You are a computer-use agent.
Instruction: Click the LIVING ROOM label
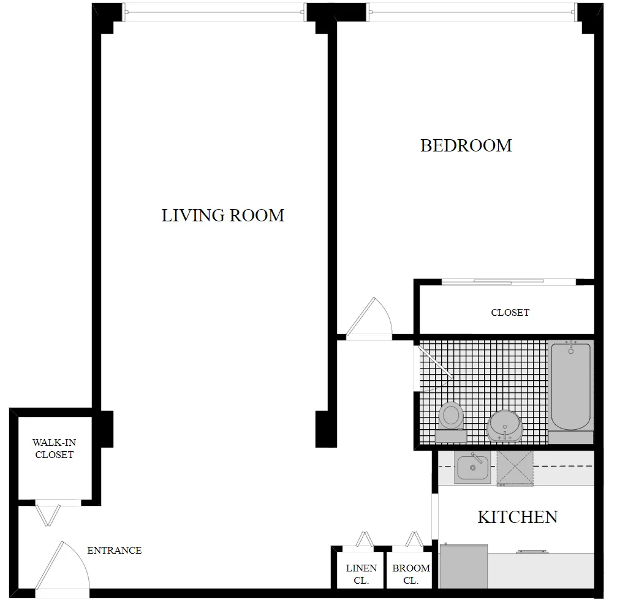(x=222, y=215)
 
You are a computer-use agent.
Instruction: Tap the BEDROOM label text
(x=466, y=145)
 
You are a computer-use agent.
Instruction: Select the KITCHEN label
(x=517, y=517)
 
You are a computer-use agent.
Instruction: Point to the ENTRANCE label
(x=114, y=550)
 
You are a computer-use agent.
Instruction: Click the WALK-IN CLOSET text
(x=54, y=448)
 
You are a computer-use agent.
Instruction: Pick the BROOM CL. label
(x=411, y=574)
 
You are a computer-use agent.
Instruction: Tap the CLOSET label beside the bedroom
(x=510, y=312)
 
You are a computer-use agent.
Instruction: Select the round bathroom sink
(x=504, y=425)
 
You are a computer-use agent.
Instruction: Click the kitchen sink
(x=472, y=468)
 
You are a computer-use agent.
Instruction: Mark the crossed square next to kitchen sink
(x=515, y=468)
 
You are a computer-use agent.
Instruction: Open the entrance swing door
(x=61, y=567)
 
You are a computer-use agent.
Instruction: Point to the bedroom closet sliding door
(x=509, y=282)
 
